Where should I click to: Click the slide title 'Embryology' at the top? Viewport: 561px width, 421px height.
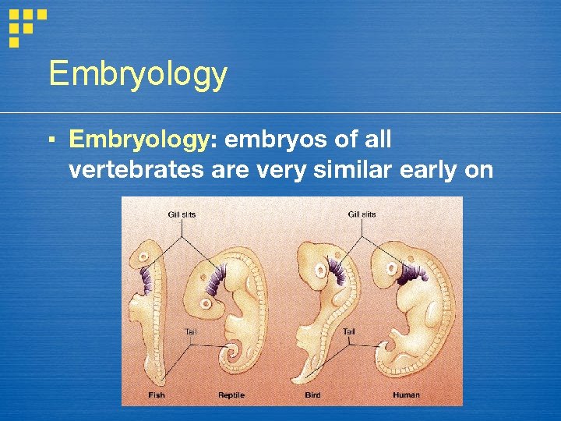[x=138, y=74]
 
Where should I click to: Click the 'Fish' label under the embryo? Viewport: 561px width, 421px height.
[x=157, y=395]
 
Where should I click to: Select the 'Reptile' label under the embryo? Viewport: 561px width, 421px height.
[x=231, y=395]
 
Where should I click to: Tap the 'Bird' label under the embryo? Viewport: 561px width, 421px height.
[x=313, y=395]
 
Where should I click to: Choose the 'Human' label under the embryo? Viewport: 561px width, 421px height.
[x=406, y=395]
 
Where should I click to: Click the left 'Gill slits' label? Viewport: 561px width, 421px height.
[x=182, y=214]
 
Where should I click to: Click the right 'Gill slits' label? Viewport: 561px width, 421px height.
[x=362, y=214]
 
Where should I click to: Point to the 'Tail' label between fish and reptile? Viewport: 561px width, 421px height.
[x=190, y=331]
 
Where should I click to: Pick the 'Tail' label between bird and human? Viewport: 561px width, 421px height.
[x=349, y=331]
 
